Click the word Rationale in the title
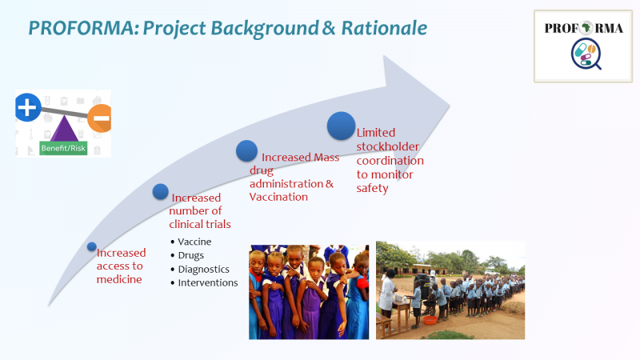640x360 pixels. (x=384, y=28)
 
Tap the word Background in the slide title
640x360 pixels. (x=265, y=29)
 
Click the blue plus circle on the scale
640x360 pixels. (x=28, y=107)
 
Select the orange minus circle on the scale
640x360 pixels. (x=101, y=118)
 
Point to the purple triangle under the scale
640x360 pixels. (x=64, y=129)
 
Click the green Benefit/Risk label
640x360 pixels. (x=63, y=148)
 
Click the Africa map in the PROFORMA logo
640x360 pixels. (x=586, y=28)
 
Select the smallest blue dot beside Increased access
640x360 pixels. (x=92, y=246)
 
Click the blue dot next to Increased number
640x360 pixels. (x=161, y=191)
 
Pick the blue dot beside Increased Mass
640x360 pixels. (x=246, y=150)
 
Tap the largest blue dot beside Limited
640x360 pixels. (x=341, y=126)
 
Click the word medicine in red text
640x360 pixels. (x=119, y=279)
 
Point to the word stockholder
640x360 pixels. (x=388, y=146)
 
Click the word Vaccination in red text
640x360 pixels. (x=278, y=197)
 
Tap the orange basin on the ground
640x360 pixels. (x=430, y=320)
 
